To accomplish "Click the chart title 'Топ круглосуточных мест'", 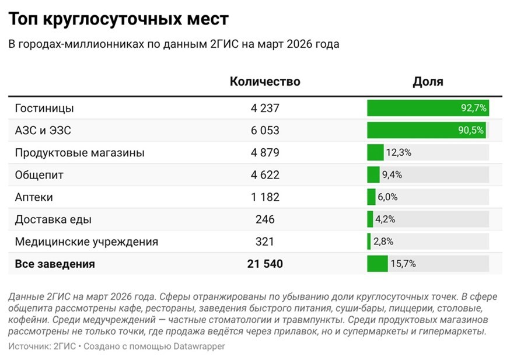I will pos(118,19).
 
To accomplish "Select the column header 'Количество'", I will pos(265,82).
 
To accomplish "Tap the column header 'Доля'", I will pos(428,82).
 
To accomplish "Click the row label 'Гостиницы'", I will pos(44,109).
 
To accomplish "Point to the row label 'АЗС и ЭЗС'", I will pos(43,131).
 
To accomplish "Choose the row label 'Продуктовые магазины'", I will pos(79,153).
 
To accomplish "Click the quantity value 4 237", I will pos(265,109).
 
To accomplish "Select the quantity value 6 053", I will pos(265,131).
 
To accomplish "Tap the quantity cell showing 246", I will pos(265,219).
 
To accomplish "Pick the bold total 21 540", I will pos(265,264).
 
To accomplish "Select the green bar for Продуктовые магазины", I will pos(375,153).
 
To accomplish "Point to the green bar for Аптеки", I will pos(371,197).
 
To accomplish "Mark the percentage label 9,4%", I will pos(392,175).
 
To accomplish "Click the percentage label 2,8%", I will pos(383,242).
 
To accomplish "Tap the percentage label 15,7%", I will pos(403,264).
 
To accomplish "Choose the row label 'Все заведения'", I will pos(55,264).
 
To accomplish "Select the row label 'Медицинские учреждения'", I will pos(86,242).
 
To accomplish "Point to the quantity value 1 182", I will pos(265,197).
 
